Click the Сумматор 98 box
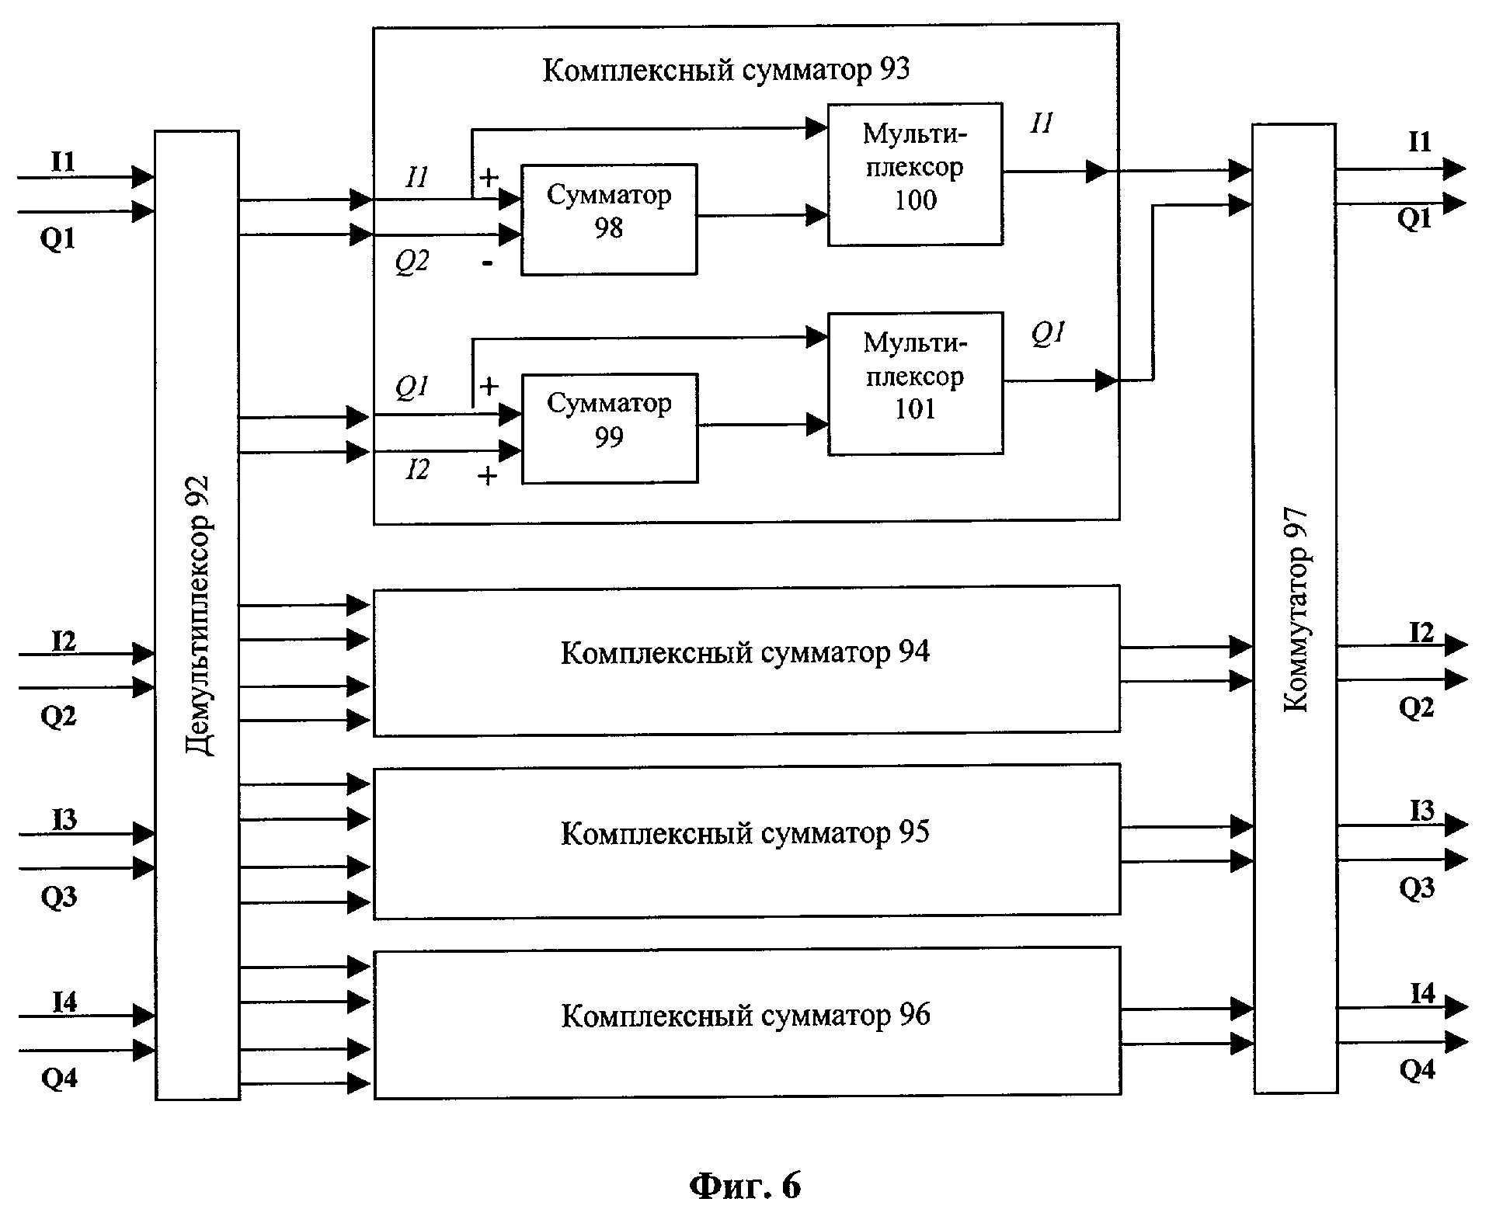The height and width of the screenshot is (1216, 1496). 609,219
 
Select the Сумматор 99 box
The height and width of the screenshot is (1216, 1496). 610,429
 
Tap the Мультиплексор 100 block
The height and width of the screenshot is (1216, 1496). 915,175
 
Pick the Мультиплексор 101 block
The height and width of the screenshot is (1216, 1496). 916,384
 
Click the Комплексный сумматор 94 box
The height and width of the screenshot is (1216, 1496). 746,659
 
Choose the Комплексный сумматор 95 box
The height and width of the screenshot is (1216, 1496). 746,841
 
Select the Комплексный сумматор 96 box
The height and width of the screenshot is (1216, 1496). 747,1023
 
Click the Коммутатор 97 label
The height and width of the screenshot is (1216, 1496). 1296,610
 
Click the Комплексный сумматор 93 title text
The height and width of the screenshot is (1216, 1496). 725,70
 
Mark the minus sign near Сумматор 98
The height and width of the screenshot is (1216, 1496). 487,264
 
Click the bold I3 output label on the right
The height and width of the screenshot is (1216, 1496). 1422,811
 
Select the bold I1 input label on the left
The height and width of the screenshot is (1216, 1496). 63,162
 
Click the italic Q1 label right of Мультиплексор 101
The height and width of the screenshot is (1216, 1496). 1048,334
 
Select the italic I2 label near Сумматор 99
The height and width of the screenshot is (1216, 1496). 416,469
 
